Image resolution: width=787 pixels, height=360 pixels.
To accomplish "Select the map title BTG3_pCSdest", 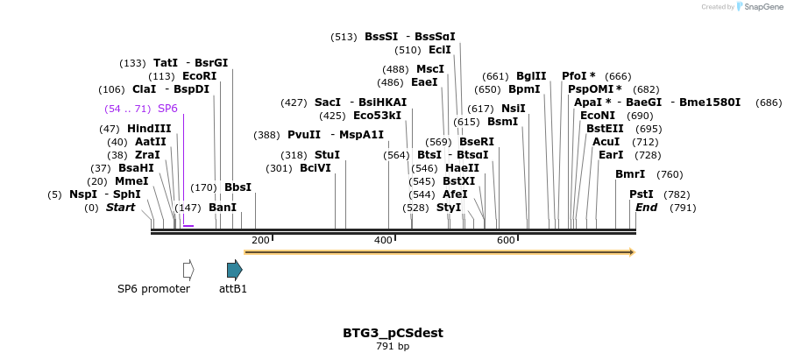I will pos(393,333).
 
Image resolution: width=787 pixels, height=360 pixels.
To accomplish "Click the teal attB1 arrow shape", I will pos(234,270).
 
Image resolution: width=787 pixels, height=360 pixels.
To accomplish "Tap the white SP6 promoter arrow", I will pos(188,270).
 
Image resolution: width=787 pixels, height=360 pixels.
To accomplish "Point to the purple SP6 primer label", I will pos(167,109).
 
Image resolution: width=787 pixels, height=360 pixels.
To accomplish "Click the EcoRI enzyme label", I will pos(199,76).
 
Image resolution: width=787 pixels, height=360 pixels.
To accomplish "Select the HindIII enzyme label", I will pos(149,129).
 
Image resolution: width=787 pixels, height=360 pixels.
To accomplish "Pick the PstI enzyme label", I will pos(642,194).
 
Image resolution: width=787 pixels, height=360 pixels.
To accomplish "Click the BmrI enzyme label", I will pos(630,174).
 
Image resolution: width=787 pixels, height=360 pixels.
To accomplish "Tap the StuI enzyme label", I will pos(327,155).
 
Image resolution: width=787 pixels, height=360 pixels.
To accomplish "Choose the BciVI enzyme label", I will pos(316,168).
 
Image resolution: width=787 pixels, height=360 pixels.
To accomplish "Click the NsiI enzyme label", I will pos(514,109).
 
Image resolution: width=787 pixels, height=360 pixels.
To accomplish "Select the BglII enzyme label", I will pos(531,76).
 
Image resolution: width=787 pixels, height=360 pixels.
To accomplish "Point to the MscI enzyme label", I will pos(430,69).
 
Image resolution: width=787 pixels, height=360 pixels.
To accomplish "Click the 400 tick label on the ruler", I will pos(383,240).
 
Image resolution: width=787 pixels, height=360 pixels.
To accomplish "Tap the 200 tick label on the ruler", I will pos(260,240).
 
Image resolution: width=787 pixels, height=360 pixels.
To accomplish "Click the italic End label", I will pos(646,208).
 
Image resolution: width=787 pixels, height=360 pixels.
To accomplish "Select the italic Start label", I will pos(121,208).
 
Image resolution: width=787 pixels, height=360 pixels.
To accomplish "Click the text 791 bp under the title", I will pos(393,347).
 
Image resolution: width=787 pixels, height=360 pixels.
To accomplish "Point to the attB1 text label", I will pos(233,288).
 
